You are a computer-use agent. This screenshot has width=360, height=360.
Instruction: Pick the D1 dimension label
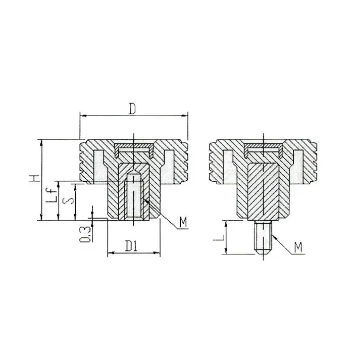tap(132, 246)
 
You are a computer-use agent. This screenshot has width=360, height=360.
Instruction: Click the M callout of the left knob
tap(183, 222)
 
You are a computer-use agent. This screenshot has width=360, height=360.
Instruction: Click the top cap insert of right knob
tap(263, 149)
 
